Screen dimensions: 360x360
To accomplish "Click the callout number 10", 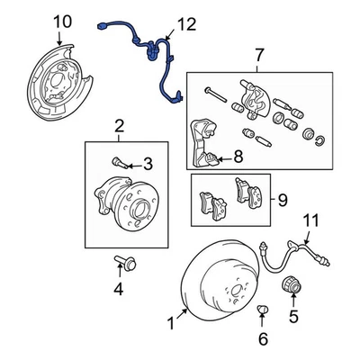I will [x=61, y=22].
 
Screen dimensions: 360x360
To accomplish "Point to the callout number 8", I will [x=238, y=157].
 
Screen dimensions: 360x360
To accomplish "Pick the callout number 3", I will [x=148, y=164].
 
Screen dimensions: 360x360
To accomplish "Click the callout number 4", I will [x=117, y=288].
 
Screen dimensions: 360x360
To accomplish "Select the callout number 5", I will [x=292, y=316].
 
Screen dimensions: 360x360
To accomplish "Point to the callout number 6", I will [x=263, y=339].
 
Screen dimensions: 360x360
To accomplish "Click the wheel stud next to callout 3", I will [x=121, y=164].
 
